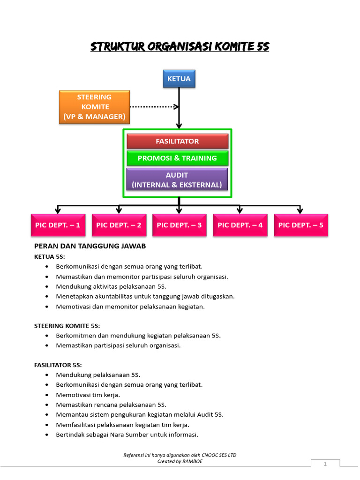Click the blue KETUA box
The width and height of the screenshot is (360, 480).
click(179, 79)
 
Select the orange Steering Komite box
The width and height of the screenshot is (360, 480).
click(94, 107)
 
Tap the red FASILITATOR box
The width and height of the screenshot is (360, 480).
click(177, 141)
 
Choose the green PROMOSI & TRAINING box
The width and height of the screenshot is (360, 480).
click(177, 158)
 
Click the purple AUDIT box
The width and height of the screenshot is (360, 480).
click(177, 180)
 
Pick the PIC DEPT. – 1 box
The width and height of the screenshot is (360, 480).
click(58, 225)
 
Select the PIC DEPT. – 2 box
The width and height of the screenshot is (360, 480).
click(119, 225)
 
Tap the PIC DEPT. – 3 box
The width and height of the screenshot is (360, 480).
click(179, 225)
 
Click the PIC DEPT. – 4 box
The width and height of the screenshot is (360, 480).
click(240, 225)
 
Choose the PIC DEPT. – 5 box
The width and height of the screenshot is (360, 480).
click(300, 225)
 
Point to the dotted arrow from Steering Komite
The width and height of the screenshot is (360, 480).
click(154, 107)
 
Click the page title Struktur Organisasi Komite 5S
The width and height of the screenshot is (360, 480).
click(180, 47)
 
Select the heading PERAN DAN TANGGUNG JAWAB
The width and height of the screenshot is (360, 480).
click(90, 246)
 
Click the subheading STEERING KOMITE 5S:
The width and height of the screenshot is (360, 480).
click(67, 325)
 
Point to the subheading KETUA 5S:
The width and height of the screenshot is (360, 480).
click(49, 257)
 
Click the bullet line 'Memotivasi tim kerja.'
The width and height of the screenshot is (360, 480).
click(88, 395)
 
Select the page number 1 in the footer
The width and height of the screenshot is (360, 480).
click(325, 464)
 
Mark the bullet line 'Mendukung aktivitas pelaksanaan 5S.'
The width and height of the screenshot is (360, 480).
click(111, 286)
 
